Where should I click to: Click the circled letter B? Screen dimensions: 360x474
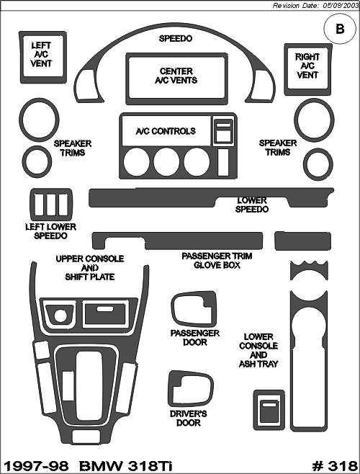[340, 29]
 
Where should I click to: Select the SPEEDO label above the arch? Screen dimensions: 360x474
[176, 39]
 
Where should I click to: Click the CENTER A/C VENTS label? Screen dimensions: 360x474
[176, 76]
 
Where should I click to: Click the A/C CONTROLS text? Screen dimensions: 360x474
[166, 131]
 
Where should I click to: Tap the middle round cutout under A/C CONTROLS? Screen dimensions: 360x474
[166, 161]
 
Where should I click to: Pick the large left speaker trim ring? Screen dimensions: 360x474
[21, 120]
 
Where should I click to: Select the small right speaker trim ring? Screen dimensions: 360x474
[305, 165]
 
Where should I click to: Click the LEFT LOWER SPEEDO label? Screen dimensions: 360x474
[51, 231]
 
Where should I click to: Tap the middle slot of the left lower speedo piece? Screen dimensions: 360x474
[51, 205]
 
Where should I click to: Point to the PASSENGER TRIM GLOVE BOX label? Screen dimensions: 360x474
[217, 261]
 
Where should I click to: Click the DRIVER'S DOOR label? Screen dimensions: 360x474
[189, 418]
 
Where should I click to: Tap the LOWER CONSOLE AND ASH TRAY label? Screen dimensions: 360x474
[258, 350]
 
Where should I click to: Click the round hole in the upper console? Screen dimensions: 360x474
[60, 315]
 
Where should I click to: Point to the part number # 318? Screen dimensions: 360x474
[335, 465]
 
